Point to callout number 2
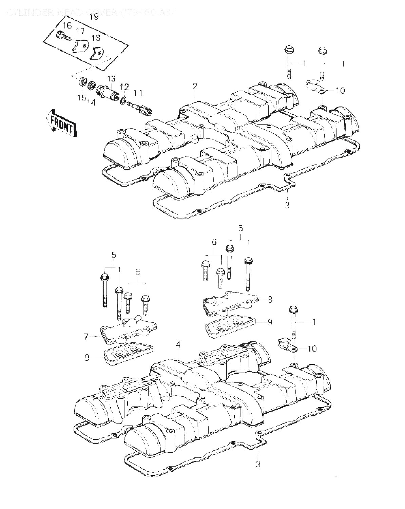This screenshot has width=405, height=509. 194,86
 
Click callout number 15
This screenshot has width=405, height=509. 81,98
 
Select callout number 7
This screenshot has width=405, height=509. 86,337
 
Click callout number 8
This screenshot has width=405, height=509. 270,299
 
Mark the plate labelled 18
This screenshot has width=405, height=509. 97,53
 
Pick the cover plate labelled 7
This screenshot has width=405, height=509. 126,329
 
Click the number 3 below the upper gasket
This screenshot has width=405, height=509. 287,205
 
